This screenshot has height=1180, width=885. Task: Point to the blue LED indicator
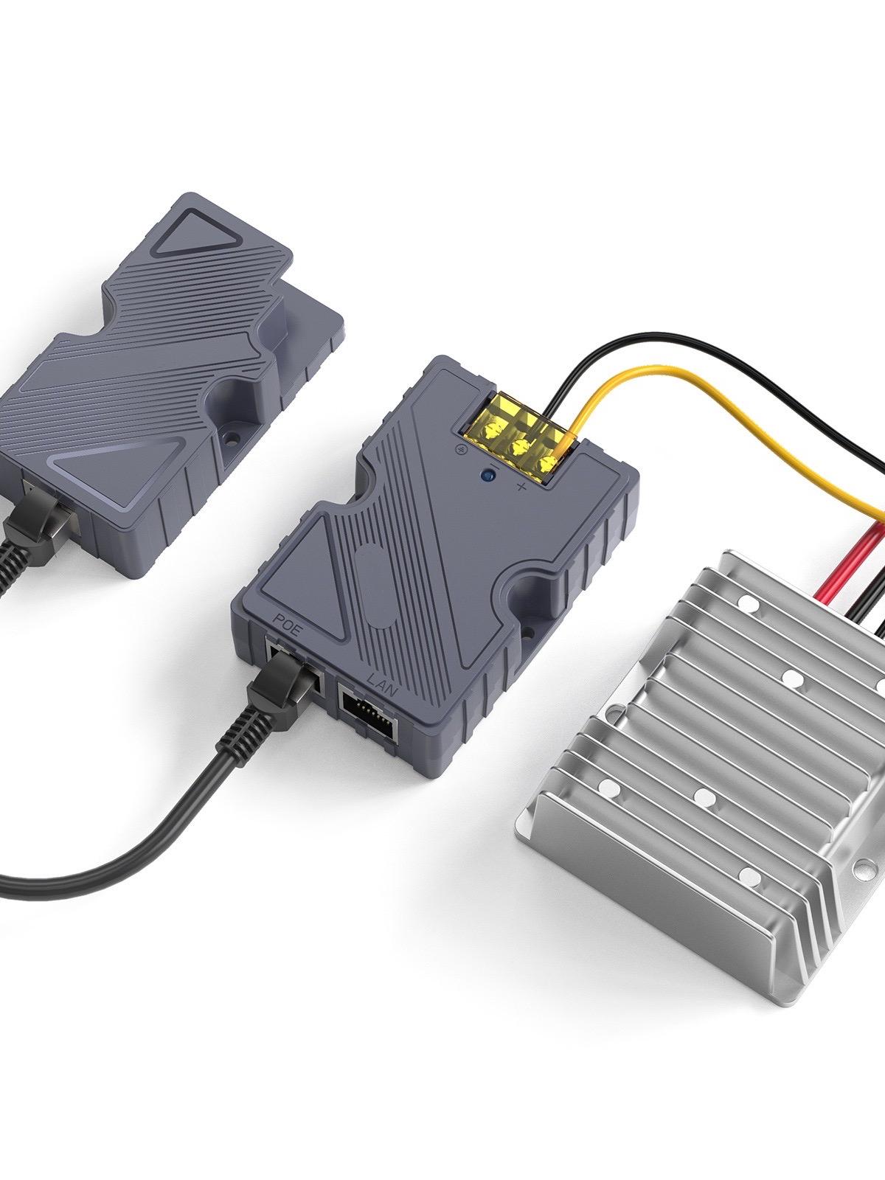488,476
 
